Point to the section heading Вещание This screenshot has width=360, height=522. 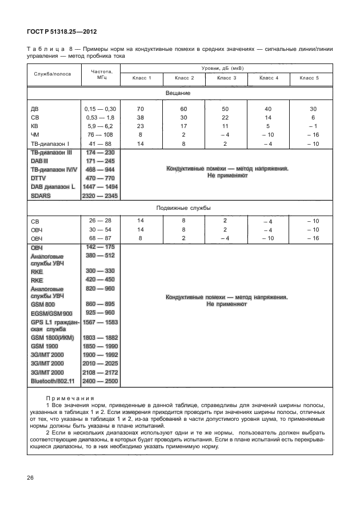(178, 93)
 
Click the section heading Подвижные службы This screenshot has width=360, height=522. (178, 208)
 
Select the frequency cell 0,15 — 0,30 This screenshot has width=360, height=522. (100, 109)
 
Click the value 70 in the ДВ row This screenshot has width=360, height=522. (141, 109)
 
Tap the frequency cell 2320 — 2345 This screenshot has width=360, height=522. (100, 196)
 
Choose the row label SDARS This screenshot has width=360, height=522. (41, 196)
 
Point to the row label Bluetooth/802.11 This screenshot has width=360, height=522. (52, 381)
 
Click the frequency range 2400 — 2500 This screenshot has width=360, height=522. (100, 381)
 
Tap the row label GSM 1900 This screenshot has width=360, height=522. (45, 346)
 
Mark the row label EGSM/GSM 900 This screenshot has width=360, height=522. (51, 313)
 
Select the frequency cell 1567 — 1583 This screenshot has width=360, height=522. (100, 322)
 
